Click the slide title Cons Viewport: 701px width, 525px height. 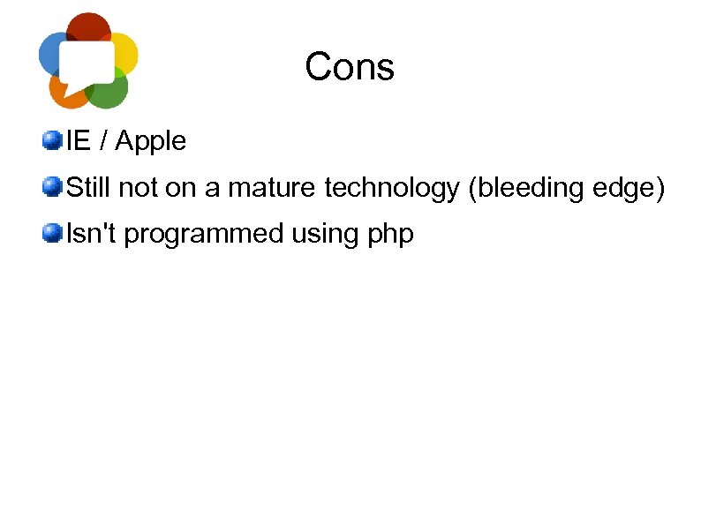tap(350, 67)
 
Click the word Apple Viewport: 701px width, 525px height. tap(151, 141)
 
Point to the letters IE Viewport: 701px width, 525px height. tap(79, 140)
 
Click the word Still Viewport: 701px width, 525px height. tap(89, 187)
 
